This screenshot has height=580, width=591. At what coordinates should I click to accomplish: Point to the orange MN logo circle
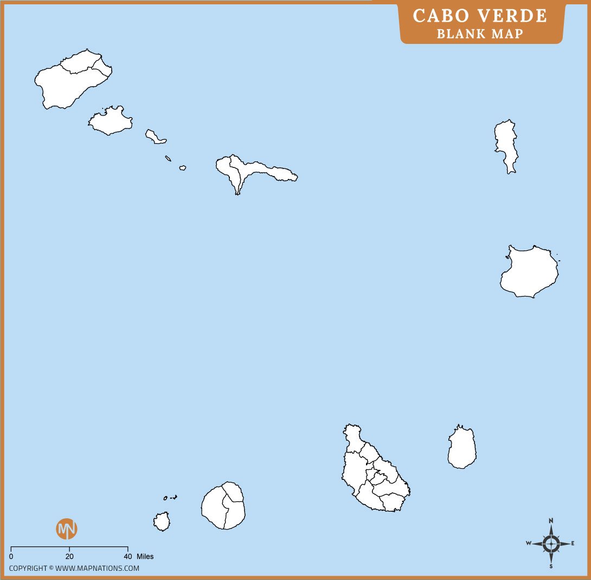point(67,529)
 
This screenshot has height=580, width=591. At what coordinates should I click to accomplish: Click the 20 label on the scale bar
point(69,557)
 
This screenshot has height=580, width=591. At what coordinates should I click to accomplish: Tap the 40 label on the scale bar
point(128,557)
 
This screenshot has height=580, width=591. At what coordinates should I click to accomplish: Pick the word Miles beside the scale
point(145,557)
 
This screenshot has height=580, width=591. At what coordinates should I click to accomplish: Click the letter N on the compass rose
point(551,520)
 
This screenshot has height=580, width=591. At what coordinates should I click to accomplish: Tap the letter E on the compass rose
point(573,543)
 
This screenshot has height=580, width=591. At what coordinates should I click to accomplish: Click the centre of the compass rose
point(551,543)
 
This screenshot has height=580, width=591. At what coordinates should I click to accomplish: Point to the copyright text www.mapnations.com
point(97,569)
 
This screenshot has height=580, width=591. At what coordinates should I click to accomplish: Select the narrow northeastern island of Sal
point(506,144)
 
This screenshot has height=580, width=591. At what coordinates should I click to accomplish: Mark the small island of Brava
point(162,521)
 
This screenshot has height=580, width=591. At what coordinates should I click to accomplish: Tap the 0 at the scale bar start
point(11,557)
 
